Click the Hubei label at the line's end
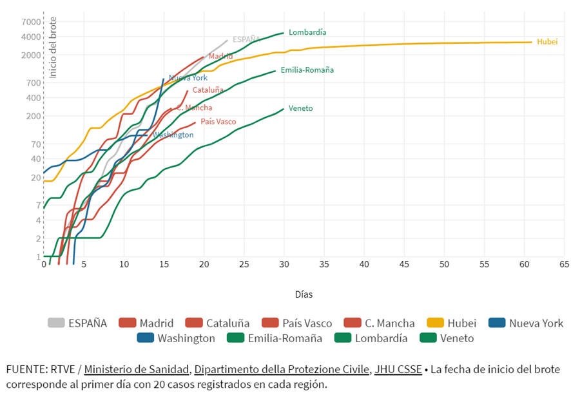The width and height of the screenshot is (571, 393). tap(547, 42)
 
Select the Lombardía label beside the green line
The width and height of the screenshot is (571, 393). tap(307, 32)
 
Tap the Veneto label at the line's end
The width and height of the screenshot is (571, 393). tap(300, 108)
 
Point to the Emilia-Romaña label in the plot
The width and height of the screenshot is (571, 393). tap(307, 70)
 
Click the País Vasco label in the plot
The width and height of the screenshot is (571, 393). tap(218, 121)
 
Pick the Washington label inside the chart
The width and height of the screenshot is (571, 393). tap(173, 135)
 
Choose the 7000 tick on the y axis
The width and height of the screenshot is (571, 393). tap(31, 21)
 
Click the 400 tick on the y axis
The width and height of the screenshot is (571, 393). tap(34, 97)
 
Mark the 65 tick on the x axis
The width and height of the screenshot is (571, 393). tap(564, 264)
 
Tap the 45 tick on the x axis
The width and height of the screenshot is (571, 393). tap(404, 264)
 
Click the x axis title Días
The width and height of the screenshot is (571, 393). tap(304, 294)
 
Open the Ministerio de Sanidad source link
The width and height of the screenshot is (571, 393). tap(137, 369)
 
